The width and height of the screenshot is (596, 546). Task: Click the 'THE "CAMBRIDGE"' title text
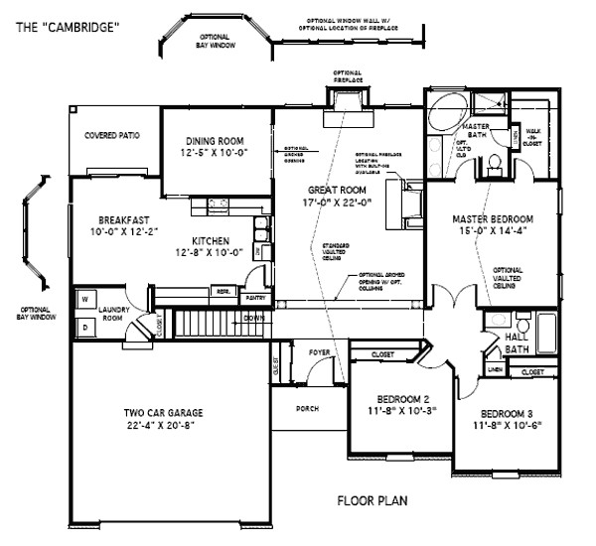(x=67, y=27)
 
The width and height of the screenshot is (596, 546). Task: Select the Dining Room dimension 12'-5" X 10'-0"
(x=213, y=153)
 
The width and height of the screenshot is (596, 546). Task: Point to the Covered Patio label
(x=111, y=135)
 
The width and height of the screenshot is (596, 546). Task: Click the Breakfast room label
(x=124, y=219)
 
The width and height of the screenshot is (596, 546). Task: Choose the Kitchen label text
(x=212, y=241)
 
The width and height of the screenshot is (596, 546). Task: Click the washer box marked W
(x=85, y=299)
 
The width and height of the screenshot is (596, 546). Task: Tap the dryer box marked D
(x=85, y=325)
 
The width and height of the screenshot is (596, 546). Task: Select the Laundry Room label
(x=118, y=312)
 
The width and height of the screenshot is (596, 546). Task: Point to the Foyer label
(x=319, y=351)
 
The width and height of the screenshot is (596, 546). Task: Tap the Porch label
(x=307, y=407)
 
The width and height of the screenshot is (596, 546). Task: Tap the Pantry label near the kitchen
(x=255, y=297)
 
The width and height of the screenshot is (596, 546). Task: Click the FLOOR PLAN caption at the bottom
(x=370, y=501)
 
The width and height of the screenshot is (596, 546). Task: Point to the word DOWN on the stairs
(x=254, y=319)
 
